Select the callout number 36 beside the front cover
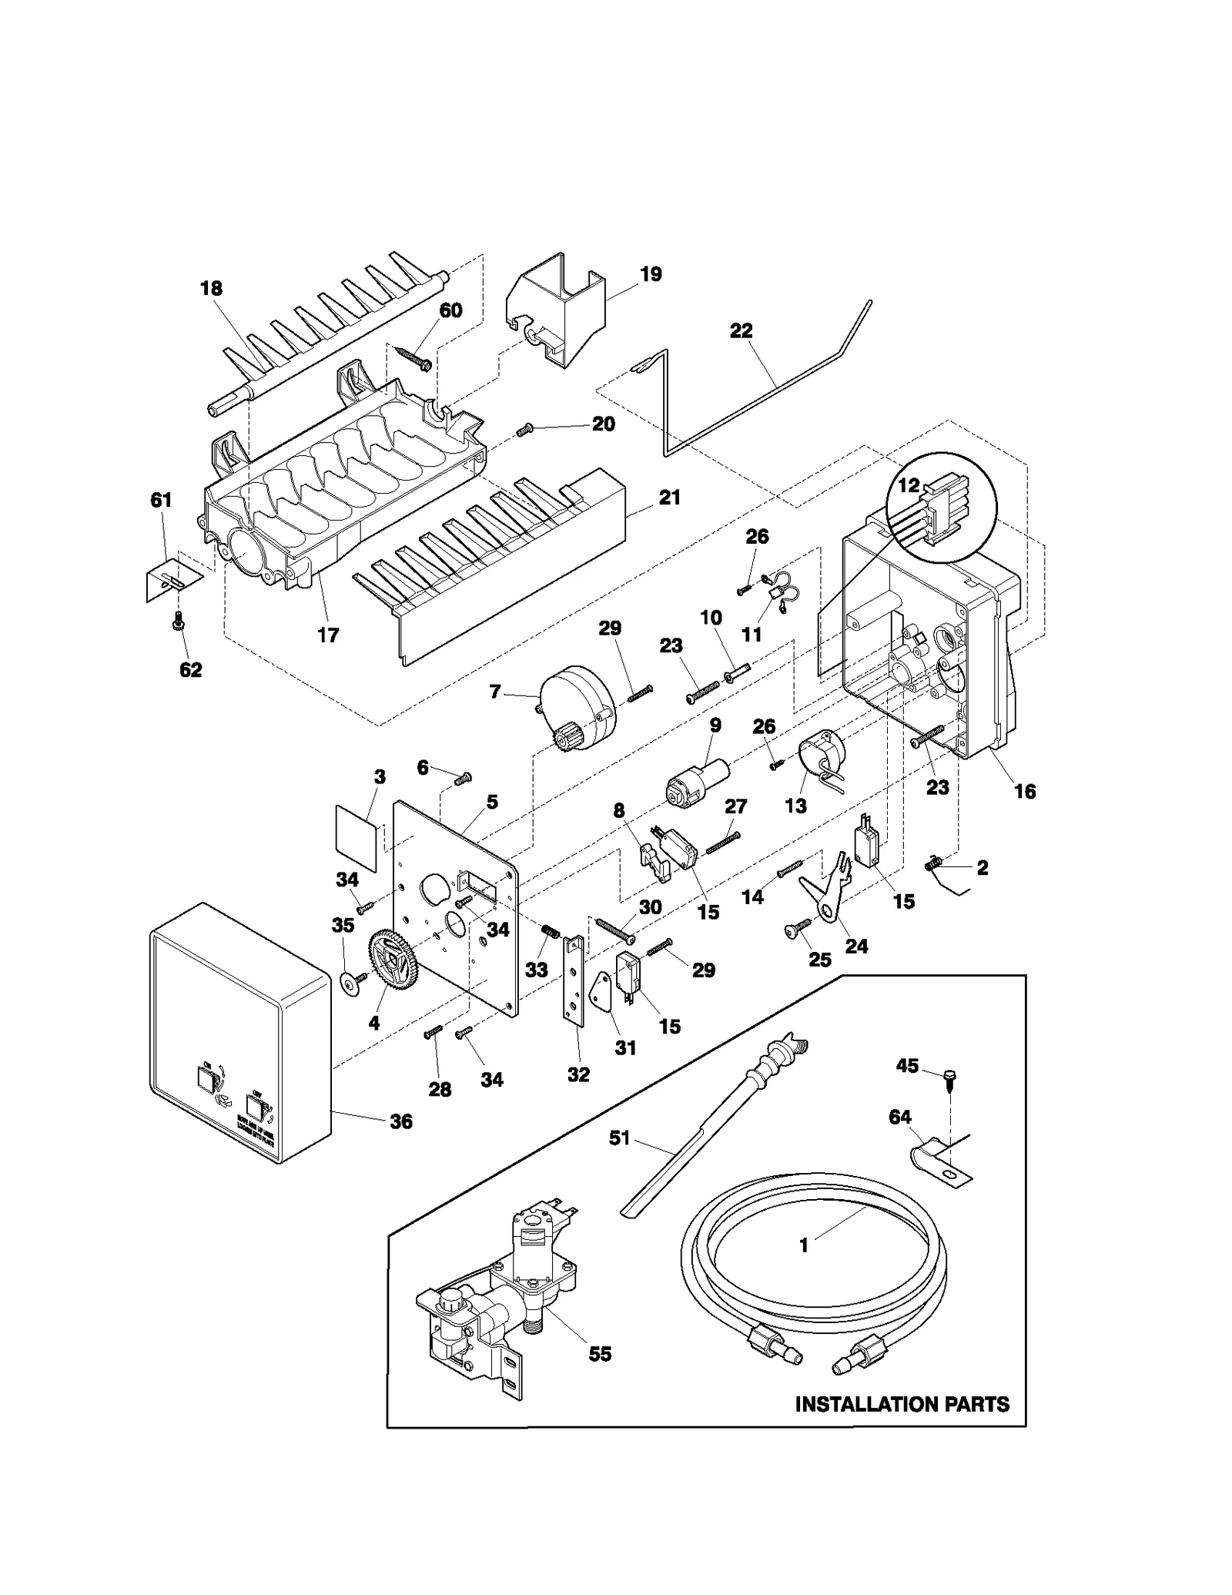coord(400,1121)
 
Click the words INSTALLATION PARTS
coord(902,1404)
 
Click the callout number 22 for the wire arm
coord(741,330)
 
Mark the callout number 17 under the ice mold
coord(328,635)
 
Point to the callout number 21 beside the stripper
coord(669,498)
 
